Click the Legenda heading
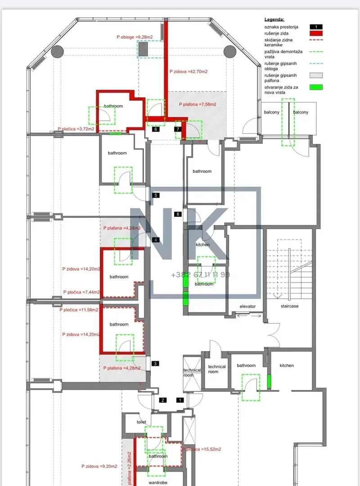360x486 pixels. click(274, 20)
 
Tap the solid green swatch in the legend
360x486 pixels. click(317, 87)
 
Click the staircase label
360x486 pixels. click(289, 306)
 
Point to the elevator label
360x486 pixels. click(247, 306)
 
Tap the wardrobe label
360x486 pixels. click(158, 481)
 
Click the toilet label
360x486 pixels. click(142, 422)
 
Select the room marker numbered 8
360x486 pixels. click(178, 214)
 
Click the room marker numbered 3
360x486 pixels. click(155, 364)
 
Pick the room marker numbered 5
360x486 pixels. click(155, 195)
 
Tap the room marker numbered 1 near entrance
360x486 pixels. click(180, 400)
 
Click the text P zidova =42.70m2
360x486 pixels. click(188, 72)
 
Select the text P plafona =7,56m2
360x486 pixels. click(197, 104)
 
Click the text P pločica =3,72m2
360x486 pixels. click(76, 129)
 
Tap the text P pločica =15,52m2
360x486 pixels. click(202, 449)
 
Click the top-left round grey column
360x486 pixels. click(57, 51)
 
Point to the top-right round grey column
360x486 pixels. click(229, 51)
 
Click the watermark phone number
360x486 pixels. click(200, 274)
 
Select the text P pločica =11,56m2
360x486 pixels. click(79, 310)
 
